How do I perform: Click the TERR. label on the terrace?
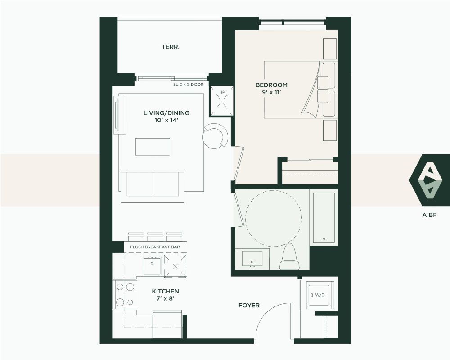click(171, 47)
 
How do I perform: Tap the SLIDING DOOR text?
click(188, 85)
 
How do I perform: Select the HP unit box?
click(222, 101)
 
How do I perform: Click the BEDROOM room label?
click(271, 85)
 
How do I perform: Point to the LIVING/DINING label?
click(166, 113)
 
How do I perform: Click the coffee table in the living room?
click(153, 147)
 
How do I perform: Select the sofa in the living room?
click(153, 187)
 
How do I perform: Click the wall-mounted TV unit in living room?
click(120, 115)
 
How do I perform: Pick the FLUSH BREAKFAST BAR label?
click(155, 247)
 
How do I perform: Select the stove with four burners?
click(125, 295)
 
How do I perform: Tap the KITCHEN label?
click(165, 291)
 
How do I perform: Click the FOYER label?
click(249, 306)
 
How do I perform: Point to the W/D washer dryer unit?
click(320, 295)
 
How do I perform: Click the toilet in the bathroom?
click(290, 256)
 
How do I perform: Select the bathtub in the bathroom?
click(324, 217)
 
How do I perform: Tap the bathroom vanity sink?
click(252, 259)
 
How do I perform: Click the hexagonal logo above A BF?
click(429, 180)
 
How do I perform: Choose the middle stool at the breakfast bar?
click(155, 237)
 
